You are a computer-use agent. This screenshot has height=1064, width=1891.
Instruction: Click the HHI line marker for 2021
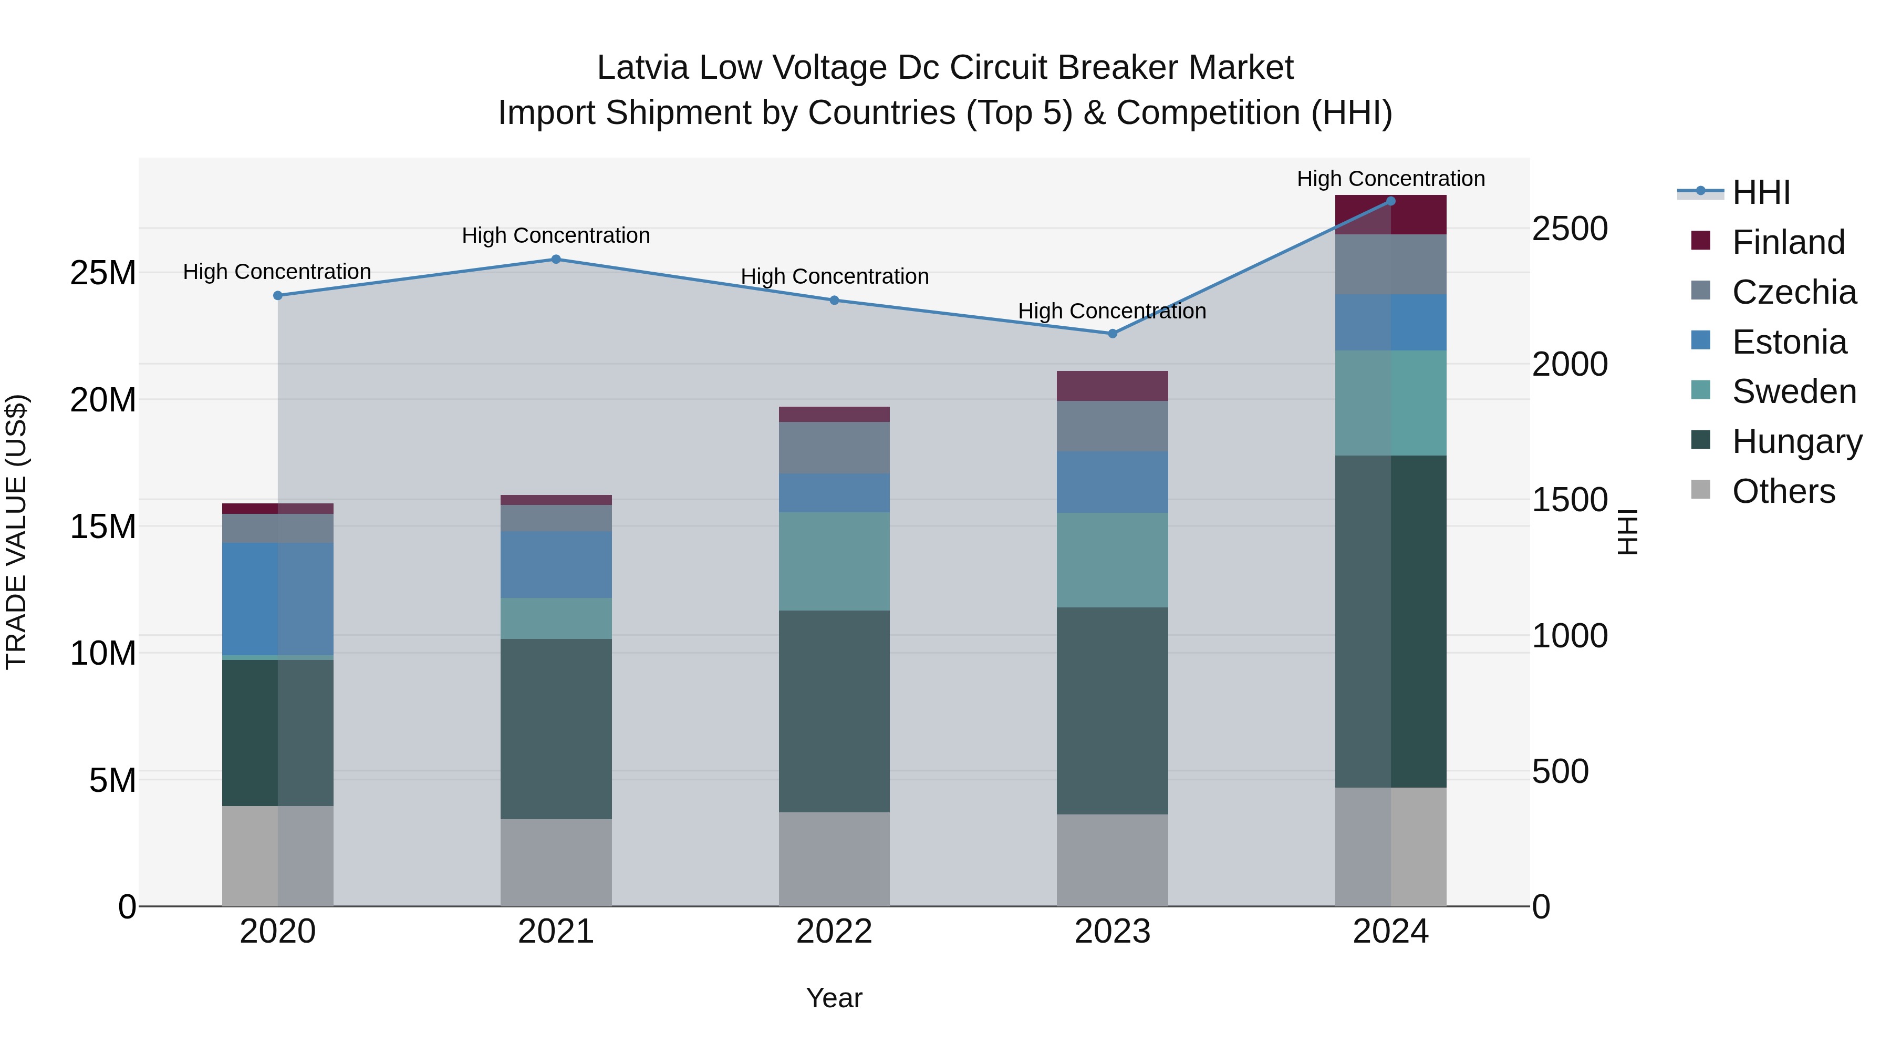pyautogui.click(x=556, y=259)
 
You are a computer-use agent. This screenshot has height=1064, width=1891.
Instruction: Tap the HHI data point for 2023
pyautogui.click(x=1112, y=333)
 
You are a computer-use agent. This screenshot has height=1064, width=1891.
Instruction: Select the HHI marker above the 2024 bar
pyautogui.click(x=1390, y=201)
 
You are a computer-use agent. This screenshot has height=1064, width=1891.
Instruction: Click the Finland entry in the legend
pyautogui.click(x=1788, y=242)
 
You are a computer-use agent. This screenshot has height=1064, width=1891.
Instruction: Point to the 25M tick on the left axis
pyautogui.click(x=103, y=273)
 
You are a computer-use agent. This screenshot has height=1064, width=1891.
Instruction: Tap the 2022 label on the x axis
pyautogui.click(x=834, y=932)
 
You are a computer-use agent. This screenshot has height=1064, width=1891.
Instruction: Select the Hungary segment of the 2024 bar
pyautogui.click(x=1390, y=621)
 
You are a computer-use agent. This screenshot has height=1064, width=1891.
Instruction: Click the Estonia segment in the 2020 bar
pyautogui.click(x=277, y=598)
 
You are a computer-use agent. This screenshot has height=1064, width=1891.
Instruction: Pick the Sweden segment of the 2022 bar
pyautogui.click(x=834, y=561)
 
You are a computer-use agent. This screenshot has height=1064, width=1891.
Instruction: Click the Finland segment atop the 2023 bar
pyautogui.click(x=1112, y=386)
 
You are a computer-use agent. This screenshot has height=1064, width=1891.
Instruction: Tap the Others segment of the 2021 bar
pyautogui.click(x=556, y=862)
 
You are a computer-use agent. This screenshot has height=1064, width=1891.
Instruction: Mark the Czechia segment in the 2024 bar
pyautogui.click(x=1390, y=264)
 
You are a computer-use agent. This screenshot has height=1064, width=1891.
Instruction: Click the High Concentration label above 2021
pyautogui.click(x=556, y=236)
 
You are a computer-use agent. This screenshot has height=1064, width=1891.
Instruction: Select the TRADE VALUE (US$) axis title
pyautogui.click(x=16, y=532)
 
